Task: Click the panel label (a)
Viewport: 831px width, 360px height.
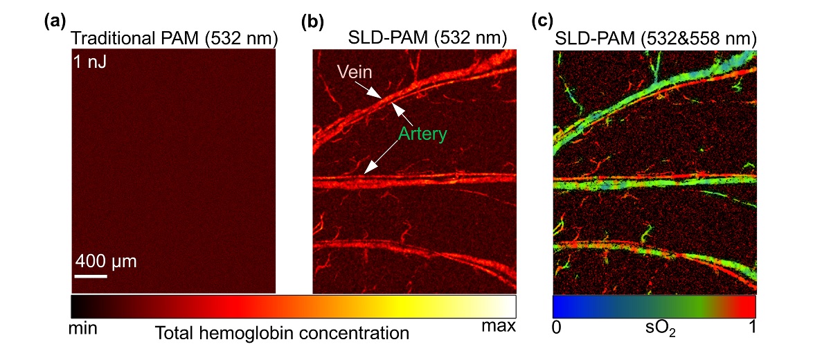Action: coord(55,21)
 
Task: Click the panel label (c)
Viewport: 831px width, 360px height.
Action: coord(541,21)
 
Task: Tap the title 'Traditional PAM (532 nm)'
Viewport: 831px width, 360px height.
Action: coord(174,39)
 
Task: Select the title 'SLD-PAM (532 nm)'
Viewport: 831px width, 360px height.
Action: coord(427,39)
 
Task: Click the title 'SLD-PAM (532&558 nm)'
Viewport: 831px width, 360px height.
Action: coord(654,39)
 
